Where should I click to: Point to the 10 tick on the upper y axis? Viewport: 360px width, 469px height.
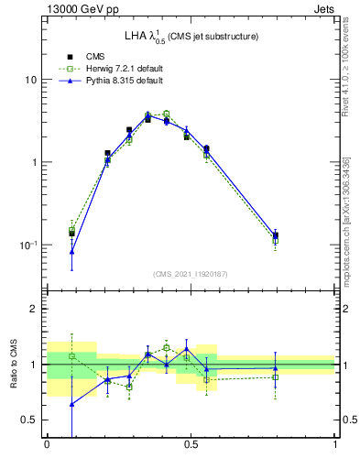(29, 80)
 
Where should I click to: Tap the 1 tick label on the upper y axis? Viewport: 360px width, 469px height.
(33, 162)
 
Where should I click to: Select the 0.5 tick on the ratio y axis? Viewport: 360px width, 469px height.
(29, 420)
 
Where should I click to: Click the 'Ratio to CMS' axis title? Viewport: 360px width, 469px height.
(12, 364)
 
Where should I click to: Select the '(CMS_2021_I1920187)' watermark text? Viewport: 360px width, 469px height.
(191, 274)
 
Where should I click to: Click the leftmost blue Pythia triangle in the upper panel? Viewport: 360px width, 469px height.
(72, 251)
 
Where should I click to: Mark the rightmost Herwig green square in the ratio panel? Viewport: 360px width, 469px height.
(276, 377)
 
